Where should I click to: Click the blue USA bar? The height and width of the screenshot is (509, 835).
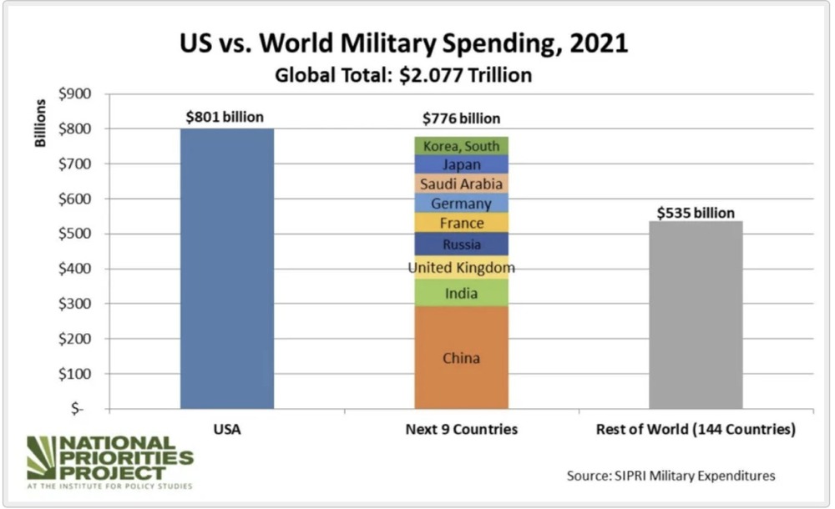227,267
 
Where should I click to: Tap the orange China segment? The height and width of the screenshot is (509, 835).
462,357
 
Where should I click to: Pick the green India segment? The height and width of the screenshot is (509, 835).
462,292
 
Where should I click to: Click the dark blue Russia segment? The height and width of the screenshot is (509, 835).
462,244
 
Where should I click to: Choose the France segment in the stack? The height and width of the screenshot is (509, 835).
462,223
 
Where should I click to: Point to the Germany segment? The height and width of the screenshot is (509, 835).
462,203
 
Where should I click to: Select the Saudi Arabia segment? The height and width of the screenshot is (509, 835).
462,184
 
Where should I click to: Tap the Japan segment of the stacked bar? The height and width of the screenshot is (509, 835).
462,164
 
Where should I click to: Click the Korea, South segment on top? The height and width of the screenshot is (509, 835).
462,145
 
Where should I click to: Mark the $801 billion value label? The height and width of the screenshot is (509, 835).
225,117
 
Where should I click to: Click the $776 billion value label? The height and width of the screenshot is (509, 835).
462,118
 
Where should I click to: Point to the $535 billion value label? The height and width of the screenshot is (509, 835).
696,212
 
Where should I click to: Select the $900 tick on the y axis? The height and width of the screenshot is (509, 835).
78,93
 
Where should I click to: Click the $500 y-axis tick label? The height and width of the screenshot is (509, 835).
78,234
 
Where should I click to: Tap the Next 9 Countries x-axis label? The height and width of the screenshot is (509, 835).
462,430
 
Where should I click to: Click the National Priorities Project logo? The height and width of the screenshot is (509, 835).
109,462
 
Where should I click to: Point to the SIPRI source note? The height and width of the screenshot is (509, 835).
671,476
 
